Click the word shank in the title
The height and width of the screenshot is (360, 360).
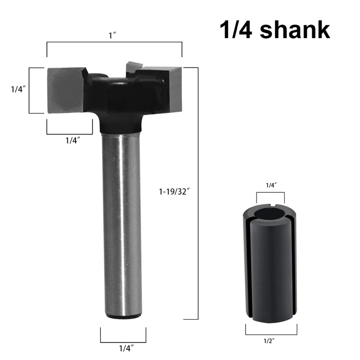click(x=295, y=30)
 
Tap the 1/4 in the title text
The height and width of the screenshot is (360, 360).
click(x=236, y=30)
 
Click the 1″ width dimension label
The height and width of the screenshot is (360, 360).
click(x=113, y=36)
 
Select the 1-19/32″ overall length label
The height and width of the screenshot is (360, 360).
click(x=174, y=191)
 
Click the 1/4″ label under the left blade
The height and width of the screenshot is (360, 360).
click(x=73, y=140)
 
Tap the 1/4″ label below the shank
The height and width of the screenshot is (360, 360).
click(x=126, y=348)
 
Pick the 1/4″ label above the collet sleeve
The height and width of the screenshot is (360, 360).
click(x=271, y=185)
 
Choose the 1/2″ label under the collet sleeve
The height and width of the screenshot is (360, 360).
click(x=269, y=341)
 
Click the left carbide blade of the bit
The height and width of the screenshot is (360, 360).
click(x=67, y=90)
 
